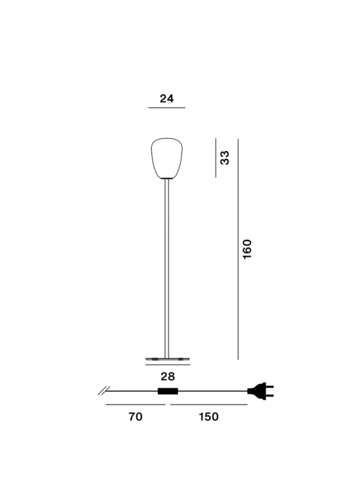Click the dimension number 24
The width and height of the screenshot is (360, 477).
tap(167, 99)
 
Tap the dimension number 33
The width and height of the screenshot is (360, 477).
tap(225, 158)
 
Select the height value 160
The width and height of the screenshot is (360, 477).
tap(248, 249)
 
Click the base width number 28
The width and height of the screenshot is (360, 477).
tap(168, 376)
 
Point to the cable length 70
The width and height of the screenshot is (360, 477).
tap(135, 417)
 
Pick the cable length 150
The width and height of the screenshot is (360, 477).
tap(209, 417)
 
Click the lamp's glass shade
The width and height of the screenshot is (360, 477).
tap(167, 158)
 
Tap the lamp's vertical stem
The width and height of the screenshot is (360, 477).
tap(167, 268)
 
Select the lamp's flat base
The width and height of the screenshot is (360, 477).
tap(167, 359)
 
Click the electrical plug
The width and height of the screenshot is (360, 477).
tap(261, 391)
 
